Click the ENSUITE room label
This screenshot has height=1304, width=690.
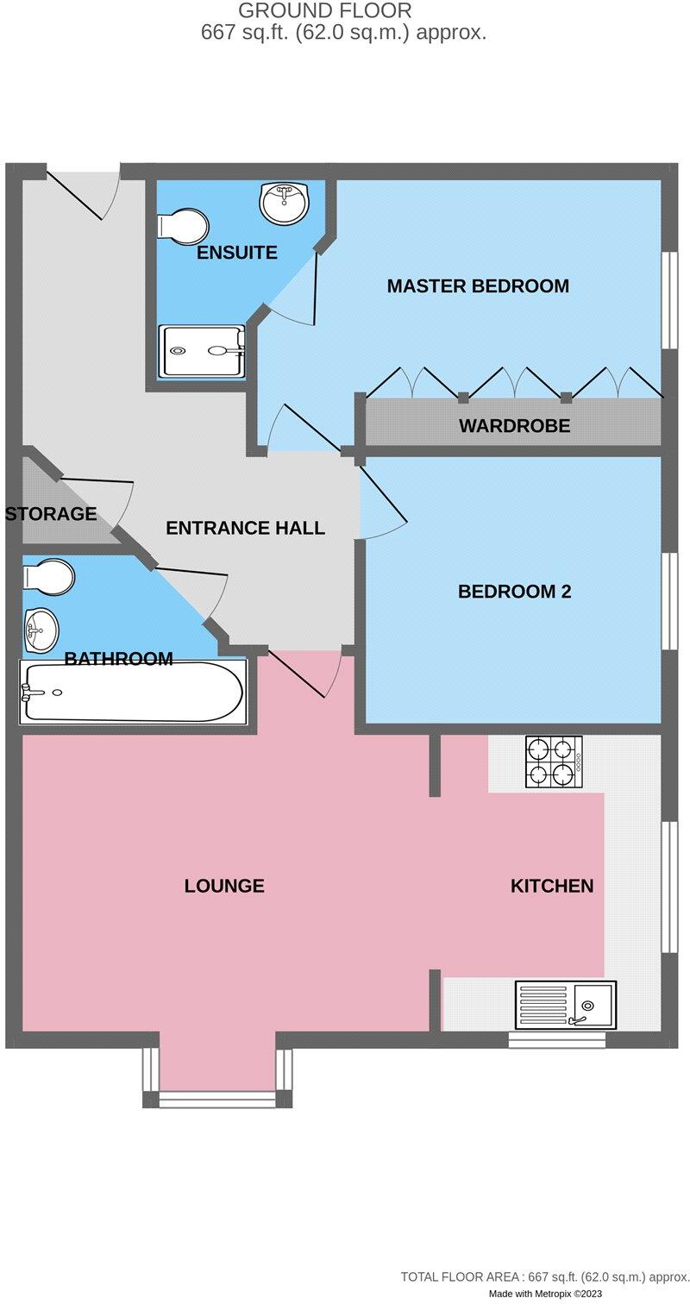236,253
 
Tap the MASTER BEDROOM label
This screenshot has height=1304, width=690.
478,285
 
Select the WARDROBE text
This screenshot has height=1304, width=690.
514,425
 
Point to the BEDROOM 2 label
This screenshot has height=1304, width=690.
514,592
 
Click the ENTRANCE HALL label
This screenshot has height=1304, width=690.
245,528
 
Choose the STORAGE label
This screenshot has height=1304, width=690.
51,513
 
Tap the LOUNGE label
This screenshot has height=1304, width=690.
224,886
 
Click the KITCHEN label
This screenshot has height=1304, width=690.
552,886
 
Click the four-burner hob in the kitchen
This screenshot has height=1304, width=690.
554,762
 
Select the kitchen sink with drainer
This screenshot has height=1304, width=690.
566,1005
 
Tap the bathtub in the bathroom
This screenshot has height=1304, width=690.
133,693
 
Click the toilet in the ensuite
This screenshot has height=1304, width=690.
183,226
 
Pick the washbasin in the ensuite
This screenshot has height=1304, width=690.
284,201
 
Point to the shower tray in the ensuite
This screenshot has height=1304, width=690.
202,351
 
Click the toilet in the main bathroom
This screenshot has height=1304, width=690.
48,577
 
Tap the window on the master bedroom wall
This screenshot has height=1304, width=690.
670,300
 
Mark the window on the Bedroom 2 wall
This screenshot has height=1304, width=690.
670,600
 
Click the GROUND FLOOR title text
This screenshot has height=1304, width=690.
325,9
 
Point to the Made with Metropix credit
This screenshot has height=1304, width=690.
545,1294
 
